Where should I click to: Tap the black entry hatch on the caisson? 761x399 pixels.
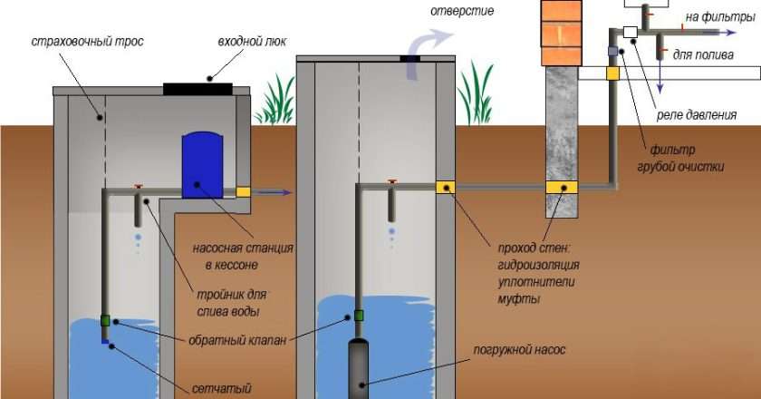click(x=198, y=88)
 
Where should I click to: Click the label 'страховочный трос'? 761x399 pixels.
click(x=87, y=42)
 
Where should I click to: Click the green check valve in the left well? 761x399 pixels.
click(x=106, y=320)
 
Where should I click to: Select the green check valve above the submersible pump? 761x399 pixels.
click(x=359, y=316)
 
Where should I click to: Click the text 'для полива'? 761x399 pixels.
click(x=697, y=54)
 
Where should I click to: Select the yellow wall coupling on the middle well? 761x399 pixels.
click(x=445, y=188)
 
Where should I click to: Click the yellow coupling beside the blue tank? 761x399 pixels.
click(x=243, y=191)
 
